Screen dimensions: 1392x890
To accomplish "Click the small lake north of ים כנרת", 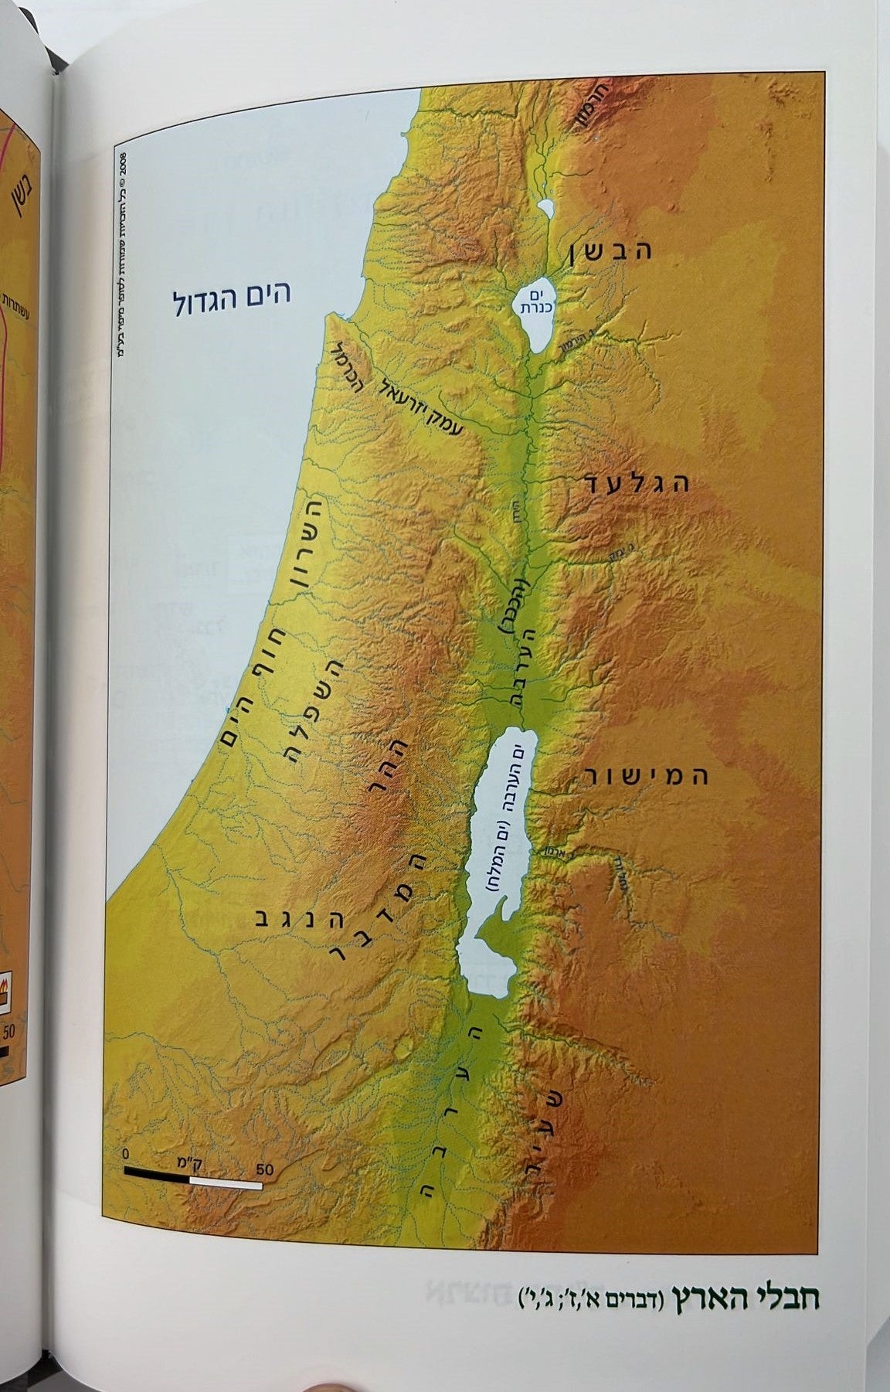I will [x=546, y=209].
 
